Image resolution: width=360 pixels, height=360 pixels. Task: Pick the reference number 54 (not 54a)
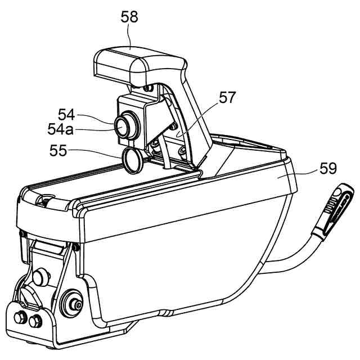point(66,114)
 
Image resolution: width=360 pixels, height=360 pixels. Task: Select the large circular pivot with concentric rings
point(73,304)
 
